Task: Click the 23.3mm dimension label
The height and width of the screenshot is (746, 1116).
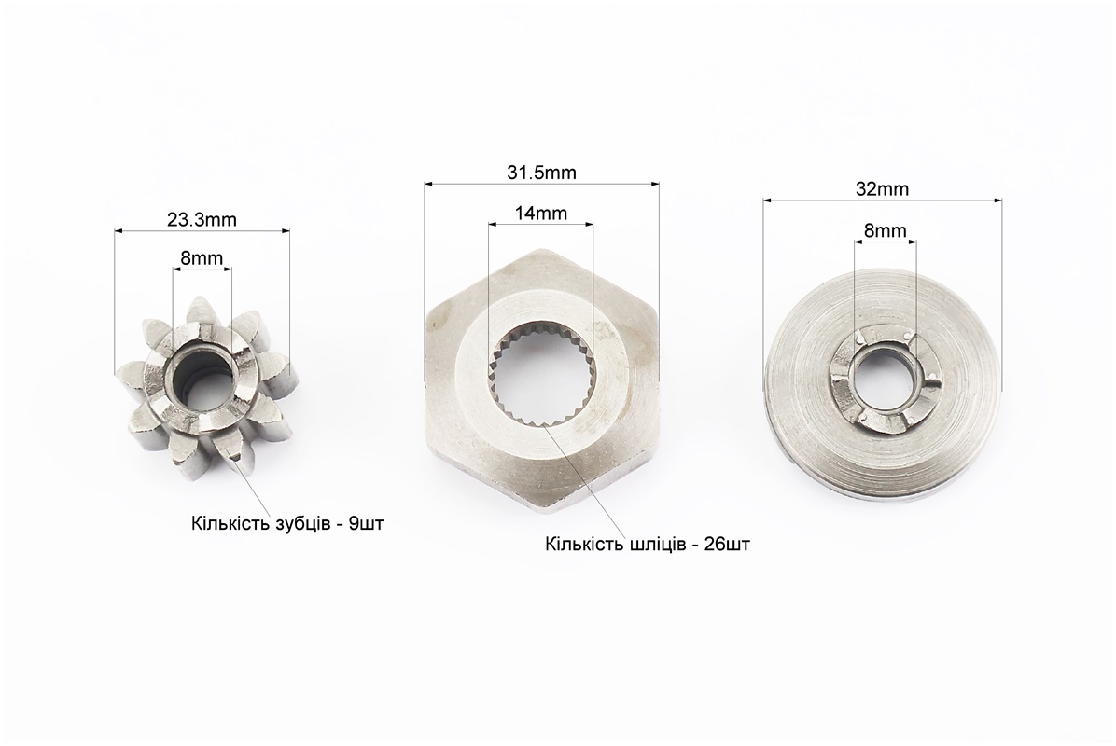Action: (x=202, y=220)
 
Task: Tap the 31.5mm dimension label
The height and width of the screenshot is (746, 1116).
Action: (x=541, y=173)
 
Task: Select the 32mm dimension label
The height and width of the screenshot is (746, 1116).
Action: (x=882, y=189)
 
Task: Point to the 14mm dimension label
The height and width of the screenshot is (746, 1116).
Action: (x=541, y=213)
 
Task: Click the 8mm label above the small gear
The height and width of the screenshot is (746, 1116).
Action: (x=202, y=257)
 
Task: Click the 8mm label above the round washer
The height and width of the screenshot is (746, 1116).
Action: (x=886, y=230)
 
